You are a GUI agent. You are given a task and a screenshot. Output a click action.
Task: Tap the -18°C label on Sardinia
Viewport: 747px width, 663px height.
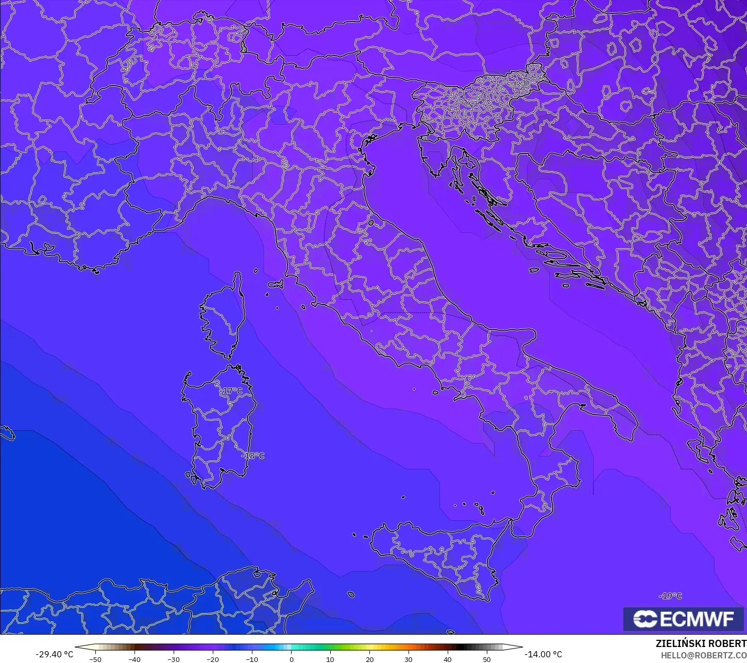(253, 456)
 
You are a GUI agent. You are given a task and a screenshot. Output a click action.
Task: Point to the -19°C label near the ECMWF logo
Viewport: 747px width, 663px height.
(670, 596)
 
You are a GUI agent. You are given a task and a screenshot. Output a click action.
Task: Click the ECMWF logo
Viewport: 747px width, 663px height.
(684, 619)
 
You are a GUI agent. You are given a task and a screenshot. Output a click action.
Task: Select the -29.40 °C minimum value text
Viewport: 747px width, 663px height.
(54, 654)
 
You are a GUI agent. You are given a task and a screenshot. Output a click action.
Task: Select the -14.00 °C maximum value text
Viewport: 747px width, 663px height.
(544, 654)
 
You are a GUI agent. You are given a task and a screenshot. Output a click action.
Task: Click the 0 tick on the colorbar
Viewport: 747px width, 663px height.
(291, 659)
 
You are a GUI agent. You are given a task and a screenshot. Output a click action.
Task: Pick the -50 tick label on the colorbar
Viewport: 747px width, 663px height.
(95, 659)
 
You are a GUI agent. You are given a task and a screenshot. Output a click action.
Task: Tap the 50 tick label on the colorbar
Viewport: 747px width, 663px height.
(487, 659)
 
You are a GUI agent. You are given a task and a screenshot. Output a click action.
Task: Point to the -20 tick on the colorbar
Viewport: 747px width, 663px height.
(213, 659)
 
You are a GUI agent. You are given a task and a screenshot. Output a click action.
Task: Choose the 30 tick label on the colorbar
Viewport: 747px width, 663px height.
(409, 659)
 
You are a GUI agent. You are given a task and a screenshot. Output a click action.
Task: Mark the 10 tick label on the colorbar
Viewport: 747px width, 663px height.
(330, 659)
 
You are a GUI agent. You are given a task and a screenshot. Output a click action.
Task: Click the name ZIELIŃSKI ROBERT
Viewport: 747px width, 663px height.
(701, 643)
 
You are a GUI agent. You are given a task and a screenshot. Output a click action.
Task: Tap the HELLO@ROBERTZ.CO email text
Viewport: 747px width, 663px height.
(704, 655)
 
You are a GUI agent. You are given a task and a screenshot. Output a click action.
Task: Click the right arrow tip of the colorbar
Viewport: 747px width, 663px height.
(521, 648)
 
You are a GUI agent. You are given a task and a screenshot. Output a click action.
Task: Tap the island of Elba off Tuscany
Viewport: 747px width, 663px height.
(276, 284)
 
